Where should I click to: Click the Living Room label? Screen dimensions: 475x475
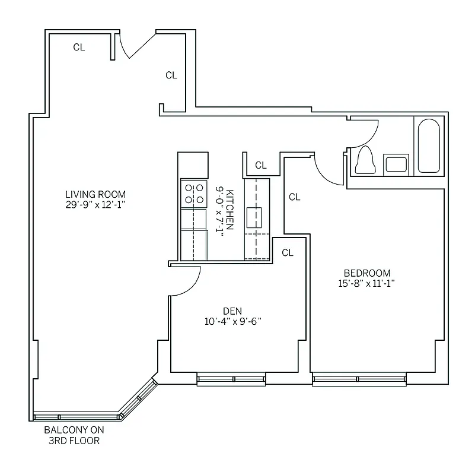click(95, 194)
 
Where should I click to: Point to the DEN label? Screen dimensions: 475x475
click(232, 311)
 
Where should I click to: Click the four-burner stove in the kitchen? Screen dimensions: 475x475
click(194, 194)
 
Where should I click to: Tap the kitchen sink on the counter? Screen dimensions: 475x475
click(257, 218)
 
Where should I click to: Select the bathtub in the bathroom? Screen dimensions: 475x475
click(428, 147)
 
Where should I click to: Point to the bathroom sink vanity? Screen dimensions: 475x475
click(396, 163)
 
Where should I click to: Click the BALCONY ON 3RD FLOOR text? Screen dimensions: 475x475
click(72, 436)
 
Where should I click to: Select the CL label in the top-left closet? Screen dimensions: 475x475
click(79, 47)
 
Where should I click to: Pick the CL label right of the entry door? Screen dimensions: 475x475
click(171, 75)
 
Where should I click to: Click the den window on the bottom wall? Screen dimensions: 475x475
click(232, 379)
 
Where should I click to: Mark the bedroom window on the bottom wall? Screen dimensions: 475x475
click(359, 379)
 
